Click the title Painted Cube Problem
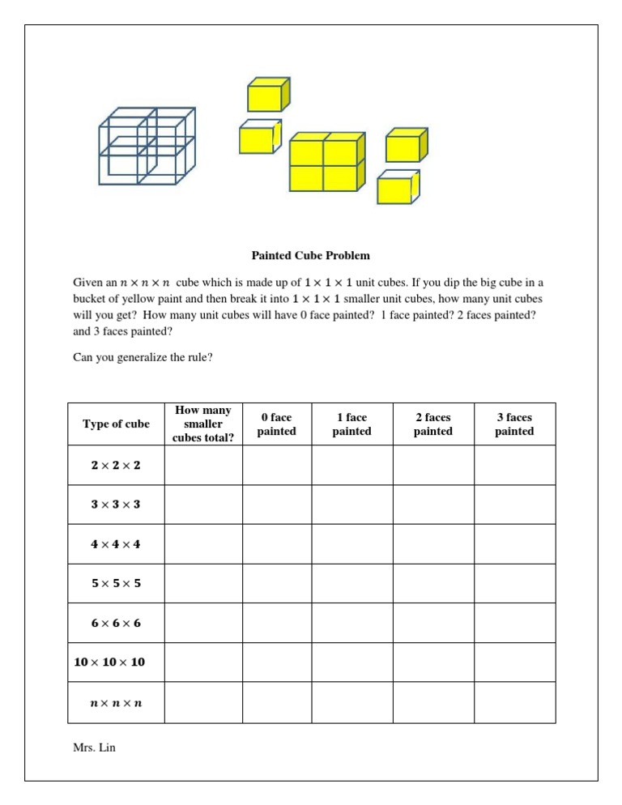click(310, 256)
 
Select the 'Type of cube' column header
click(116, 424)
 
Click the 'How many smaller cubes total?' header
click(202, 424)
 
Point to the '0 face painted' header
click(276, 424)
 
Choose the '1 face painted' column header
click(351, 424)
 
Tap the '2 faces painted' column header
click(433, 424)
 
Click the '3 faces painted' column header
click(514, 424)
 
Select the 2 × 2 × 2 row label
click(116, 465)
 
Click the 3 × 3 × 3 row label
click(116, 505)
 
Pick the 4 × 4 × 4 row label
click(116, 544)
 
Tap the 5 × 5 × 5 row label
click(116, 583)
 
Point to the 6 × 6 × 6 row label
click(116, 623)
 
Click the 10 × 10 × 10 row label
click(110, 662)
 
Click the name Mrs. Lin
click(94, 747)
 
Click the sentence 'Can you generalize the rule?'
click(143, 356)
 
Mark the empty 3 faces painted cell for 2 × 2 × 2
click(514, 465)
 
